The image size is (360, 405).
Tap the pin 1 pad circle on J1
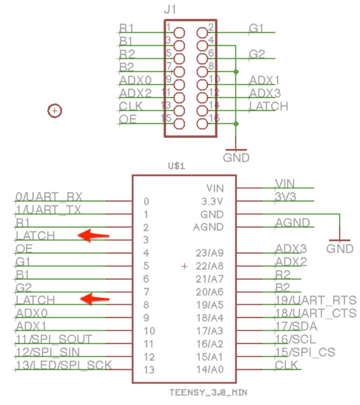point(179,32)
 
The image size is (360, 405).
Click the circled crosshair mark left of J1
point(54,110)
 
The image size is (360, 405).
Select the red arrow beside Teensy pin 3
point(94,235)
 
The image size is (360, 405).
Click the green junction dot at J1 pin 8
point(236,72)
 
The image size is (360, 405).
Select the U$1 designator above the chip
point(176,166)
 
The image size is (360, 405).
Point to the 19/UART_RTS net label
point(315,300)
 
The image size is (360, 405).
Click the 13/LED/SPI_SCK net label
point(63,365)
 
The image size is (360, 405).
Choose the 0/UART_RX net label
point(49,196)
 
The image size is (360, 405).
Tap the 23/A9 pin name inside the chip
point(210,253)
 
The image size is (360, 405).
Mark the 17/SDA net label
point(296,326)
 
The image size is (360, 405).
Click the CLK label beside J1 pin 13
point(131,106)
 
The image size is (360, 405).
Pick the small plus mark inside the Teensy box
point(184,266)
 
